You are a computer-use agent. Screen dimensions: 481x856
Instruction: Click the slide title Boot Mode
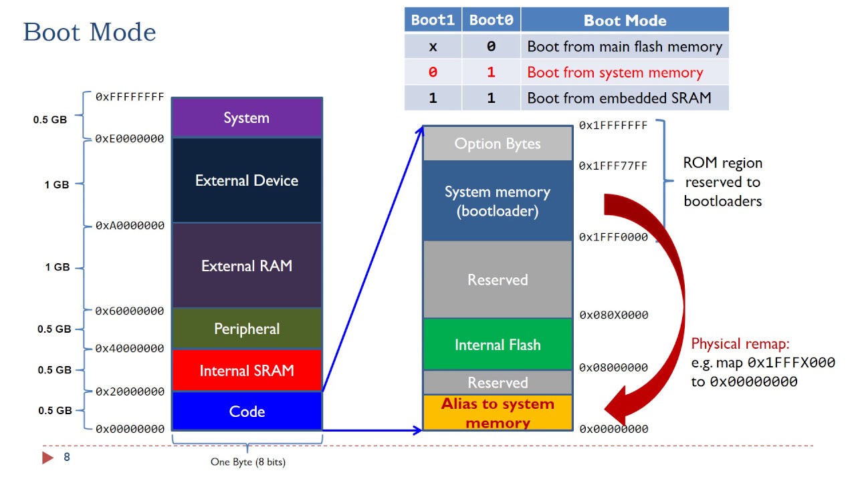pos(90,32)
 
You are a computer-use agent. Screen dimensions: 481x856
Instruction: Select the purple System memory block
pos(247,118)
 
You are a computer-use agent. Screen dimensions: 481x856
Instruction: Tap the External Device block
pos(247,180)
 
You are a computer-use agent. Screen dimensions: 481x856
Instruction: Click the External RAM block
pos(247,266)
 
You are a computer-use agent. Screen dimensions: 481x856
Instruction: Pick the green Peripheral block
pos(247,329)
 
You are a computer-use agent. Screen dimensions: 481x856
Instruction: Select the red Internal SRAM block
pos(247,371)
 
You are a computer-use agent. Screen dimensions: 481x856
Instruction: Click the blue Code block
pos(247,412)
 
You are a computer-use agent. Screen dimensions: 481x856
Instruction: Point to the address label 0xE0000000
pos(130,139)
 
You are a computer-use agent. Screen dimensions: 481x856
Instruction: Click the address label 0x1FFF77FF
pos(613,166)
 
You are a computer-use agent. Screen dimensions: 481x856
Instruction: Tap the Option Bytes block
pos(498,144)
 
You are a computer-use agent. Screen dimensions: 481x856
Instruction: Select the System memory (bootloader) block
pos(498,201)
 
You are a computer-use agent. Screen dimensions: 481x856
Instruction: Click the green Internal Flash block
pos(498,345)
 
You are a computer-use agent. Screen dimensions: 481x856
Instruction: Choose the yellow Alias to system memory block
pos(498,413)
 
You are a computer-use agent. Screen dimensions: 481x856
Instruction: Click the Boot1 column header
pos(433,20)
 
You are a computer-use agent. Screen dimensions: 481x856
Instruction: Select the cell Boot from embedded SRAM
pos(619,98)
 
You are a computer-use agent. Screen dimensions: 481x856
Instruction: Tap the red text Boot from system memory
pos(615,72)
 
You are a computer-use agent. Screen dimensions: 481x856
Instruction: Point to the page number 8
pos(67,458)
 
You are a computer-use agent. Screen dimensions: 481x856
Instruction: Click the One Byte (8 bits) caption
pos(247,462)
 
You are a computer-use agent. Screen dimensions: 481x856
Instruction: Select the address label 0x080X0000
pos(613,315)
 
